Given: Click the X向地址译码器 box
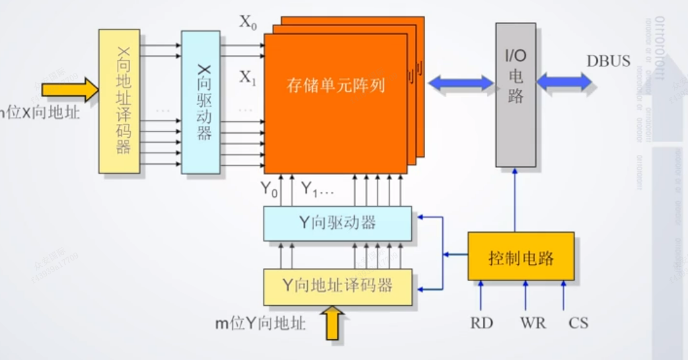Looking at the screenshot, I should (118, 101).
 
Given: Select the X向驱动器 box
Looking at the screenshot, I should (201, 101).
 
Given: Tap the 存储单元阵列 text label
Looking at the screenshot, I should (335, 85).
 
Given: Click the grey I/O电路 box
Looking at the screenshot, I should (515, 95).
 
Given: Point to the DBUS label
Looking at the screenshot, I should (608, 61).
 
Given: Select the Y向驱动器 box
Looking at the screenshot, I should (337, 223).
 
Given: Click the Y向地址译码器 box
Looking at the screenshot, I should (337, 287).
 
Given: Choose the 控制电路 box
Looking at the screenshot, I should (521, 257).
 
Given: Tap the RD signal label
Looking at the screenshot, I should (481, 323).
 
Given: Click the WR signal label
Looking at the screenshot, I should (532, 323).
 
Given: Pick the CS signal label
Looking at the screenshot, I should (578, 323).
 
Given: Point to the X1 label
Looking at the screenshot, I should (248, 78).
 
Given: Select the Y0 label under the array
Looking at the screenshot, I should (269, 189).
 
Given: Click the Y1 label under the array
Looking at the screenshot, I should (310, 189).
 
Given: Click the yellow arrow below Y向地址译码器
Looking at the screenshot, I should (333, 323).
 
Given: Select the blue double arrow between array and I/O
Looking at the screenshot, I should (461, 82).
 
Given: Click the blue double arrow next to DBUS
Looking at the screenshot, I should (564, 82).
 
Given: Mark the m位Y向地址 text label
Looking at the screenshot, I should (260, 324).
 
